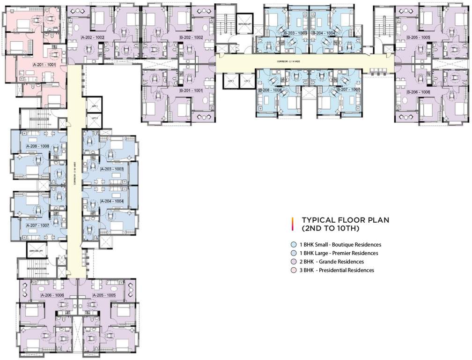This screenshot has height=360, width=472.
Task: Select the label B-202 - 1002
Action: point(191,37)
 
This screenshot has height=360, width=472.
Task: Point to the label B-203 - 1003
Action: point(295,33)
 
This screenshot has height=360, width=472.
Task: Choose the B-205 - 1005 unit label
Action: point(418,37)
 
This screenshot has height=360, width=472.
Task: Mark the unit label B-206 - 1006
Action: point(418,92)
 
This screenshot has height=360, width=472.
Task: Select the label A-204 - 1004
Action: point(112,201)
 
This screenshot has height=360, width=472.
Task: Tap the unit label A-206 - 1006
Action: point(52,296)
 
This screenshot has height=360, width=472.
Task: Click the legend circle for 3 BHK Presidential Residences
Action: point(293,270)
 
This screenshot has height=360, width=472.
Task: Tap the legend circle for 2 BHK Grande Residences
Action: point(293,262)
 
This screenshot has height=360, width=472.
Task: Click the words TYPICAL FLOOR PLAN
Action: point(346,219)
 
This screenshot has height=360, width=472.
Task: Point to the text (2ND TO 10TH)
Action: point(330,228)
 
